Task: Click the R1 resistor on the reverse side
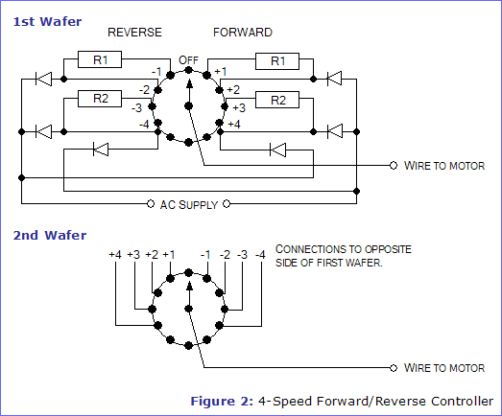[x=100, y=59]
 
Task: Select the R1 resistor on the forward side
[x=277, y=61]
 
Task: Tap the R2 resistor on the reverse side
[x=100, y=99]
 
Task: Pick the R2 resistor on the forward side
[x=277, y=100]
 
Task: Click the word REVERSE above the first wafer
[x=134, y=33]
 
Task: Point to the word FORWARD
[x=243, y=33]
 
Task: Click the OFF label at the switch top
[x=188, y=60]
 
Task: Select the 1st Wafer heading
[x=47, y=22]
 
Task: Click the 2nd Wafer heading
[x=50, y=236]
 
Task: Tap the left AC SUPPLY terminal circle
[x=151, y=203]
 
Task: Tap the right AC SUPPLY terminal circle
[x=227, y=203]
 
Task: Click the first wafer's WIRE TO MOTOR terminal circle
[x=394, y=165]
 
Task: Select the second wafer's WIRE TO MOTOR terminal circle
[x=394, y=368]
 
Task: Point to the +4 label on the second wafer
[x=115, y=255]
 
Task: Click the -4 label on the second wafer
[x=260, y=255]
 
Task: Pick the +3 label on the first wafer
[x=239, y=107]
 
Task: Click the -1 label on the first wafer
[x=156, y=71]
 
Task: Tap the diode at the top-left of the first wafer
[x=43, y=79]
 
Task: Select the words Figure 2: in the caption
[x=222, y=401]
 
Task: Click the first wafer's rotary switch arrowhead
[x=189, y=83]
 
